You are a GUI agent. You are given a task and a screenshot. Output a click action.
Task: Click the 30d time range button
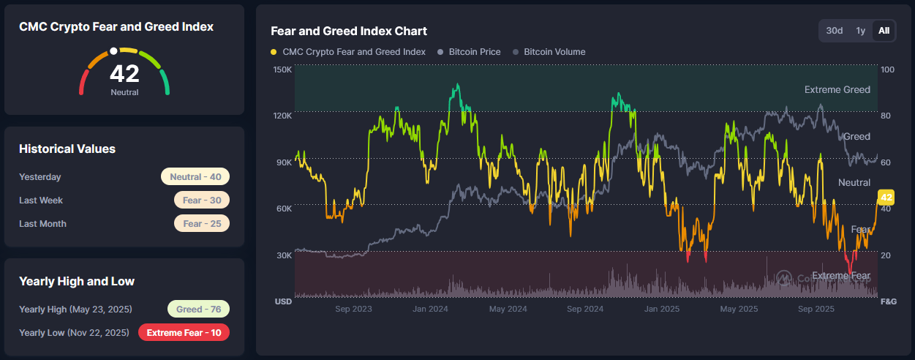click(x=834, y=31)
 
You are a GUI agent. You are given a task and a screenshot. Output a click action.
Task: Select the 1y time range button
click(x=861, y=31)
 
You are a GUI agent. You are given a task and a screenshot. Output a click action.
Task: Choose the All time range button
click(x=884, y=31)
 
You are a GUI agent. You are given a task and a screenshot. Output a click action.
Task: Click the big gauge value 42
click(x=124, y=74)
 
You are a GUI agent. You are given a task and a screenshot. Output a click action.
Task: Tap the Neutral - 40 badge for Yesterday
click(x=195, y=177)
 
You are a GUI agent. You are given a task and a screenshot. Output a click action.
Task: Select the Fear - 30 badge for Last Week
click(x=202, y=200)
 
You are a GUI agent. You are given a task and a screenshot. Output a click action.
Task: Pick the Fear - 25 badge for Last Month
click(x=202, y=224)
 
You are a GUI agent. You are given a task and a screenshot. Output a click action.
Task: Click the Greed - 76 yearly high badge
click(x=198, y=310)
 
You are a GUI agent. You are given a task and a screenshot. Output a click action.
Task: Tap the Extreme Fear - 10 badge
click(x=184, y=333)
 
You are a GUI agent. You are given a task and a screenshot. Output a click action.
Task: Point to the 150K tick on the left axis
click(x=282, y=70)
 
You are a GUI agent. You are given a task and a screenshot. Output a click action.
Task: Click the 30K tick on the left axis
click(x=283, y=255)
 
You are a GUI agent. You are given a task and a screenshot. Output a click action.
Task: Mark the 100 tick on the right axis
click(x=887, y=70)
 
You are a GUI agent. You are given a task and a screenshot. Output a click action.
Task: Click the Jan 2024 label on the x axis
click(x=430, y=310)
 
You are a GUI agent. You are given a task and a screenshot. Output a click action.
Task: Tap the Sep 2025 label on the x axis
click(x=816, y=310)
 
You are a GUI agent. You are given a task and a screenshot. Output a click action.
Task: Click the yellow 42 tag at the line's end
click(x=886, y=198)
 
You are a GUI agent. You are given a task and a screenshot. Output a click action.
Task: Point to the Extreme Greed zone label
click(x=837, y=90)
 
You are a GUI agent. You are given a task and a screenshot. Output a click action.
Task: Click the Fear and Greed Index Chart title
click(x=349, y=31)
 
